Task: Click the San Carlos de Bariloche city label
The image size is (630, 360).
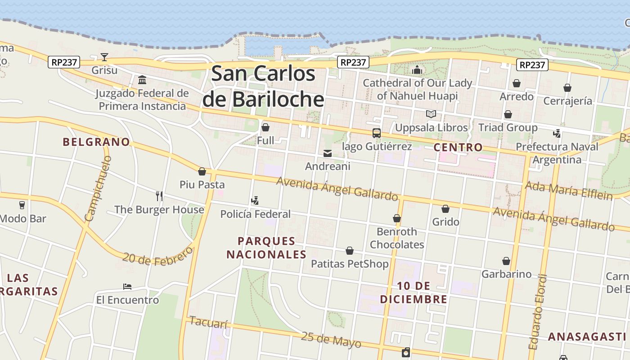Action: tap(263, 86)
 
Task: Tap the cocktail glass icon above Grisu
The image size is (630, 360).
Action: tap(104, 57)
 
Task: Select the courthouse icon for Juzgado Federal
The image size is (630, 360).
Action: tap(142, 80)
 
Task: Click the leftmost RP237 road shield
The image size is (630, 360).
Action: tap(64, 63)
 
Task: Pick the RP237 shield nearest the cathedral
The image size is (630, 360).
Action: tap(353, 63)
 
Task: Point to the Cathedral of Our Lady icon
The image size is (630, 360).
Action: tap(417, 70)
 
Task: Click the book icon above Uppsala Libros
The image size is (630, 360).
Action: tap(431, 114)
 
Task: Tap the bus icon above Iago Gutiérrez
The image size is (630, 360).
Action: tap(377, 133)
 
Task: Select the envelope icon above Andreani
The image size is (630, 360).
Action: tap(328, 153)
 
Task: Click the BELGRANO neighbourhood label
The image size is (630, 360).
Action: tap(96, 142)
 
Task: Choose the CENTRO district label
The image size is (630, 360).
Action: tap(458, 148)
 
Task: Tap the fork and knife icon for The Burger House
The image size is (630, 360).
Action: tap(159, 196)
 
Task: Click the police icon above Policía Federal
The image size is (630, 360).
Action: tap(255, 201)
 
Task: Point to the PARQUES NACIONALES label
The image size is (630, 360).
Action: tap(266, 248)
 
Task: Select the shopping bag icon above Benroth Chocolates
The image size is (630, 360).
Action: tap(397, 219)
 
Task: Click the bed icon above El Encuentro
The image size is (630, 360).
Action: tap(127, 287)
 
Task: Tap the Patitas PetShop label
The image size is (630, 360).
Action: tap(350, 264)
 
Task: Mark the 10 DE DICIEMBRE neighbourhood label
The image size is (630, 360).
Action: tap(414, 292)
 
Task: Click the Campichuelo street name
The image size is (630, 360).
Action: tap(98, 189)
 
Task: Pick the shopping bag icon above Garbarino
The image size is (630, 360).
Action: tap(506, 261)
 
